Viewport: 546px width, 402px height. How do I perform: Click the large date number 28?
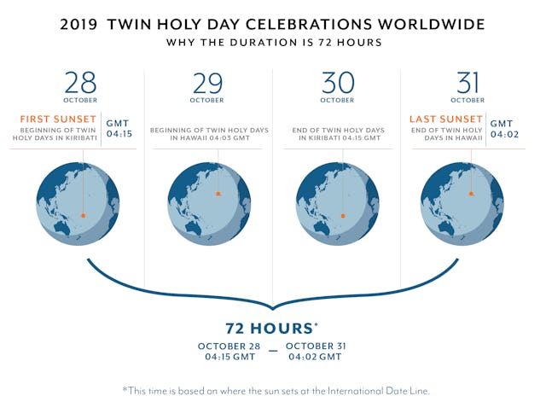(x=81, y=84)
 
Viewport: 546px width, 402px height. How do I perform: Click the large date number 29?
(x=209, y=84)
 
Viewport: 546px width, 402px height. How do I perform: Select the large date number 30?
(x=338, y=84)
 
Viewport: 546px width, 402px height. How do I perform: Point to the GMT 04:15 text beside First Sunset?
(x=119, y=128)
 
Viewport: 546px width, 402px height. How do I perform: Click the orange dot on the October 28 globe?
(x=83, y=216)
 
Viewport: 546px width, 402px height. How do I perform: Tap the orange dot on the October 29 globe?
(x=218, y=194)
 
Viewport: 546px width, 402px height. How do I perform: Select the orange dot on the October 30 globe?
(x=343, y=216)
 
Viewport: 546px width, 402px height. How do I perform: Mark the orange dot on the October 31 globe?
(x=472, y=194)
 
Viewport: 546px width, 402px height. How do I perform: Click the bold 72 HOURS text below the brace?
(x=271, y=328)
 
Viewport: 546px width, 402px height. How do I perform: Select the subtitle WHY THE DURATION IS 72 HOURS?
(x=272, y=42)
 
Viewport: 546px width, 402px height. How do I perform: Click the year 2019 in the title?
(x=78, y=24)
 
